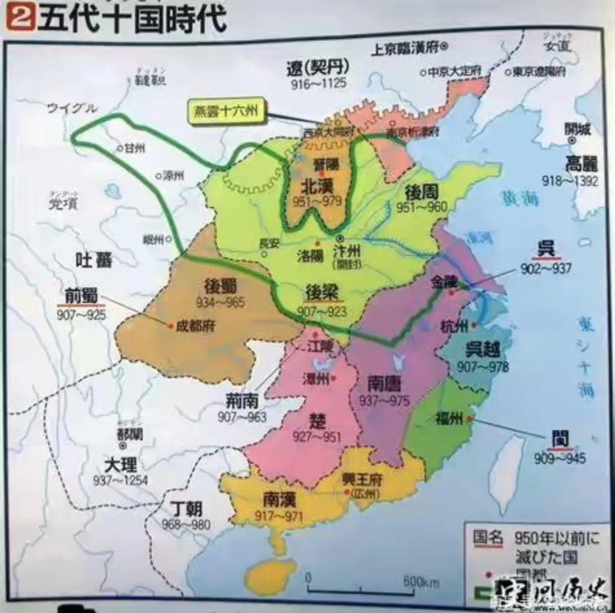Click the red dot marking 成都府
[170, 326]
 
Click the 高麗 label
[581, 164]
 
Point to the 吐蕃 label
[95, 261]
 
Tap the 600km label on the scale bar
[421, 582]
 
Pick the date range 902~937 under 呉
[545, 267]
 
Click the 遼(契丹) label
[317, 68]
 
